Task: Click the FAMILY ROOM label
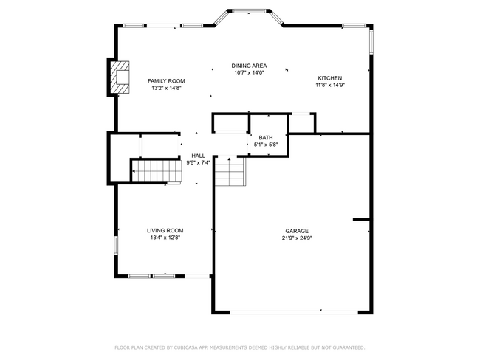165,80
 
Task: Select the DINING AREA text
249,66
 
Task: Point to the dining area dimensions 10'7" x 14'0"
249,72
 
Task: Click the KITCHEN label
329,77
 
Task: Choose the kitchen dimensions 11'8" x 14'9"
329,85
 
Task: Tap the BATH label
266,137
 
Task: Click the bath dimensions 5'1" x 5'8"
266,145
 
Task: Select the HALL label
198,156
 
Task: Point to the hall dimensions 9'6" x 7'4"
198,162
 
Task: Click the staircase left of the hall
156,171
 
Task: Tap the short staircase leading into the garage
230,174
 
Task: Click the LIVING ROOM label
165,230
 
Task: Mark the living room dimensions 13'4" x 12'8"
165,238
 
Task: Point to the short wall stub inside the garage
361,219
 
